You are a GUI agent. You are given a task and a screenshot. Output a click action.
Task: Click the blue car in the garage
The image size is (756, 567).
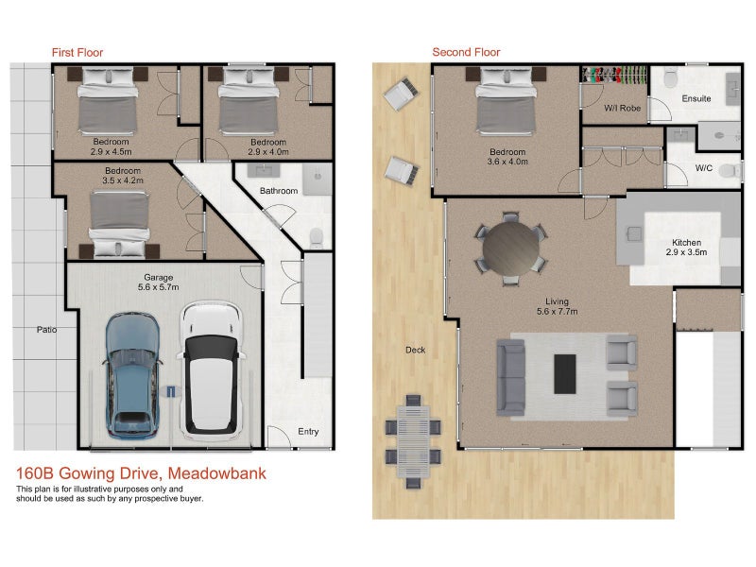[x=131, y=374]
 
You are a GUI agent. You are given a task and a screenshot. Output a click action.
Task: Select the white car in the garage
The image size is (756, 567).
[x=212, y=369]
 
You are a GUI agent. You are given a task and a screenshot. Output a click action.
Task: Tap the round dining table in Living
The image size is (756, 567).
[x=511, y=249]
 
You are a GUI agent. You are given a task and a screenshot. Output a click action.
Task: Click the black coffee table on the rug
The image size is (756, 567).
[x=564, y=374]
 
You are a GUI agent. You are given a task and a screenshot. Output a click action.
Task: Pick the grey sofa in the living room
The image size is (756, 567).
[x=511, y=377]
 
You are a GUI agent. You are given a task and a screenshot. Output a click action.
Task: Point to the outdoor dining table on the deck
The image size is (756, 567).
[x=413, y=441]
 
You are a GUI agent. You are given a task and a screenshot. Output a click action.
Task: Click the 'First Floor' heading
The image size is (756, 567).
[x=77, y=53]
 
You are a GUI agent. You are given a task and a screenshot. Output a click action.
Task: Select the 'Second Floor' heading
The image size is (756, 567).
[x=466, y=52]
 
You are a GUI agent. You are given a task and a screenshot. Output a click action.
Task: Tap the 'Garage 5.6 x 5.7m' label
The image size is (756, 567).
[x=158, y=282]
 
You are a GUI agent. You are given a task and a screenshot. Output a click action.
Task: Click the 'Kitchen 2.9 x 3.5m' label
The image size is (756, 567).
[x=687, y=248]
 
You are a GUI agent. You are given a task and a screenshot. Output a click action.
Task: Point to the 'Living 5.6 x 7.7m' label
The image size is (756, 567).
[x=557, y=306]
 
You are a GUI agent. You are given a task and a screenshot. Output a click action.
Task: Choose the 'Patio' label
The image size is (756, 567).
[x=46, y=330]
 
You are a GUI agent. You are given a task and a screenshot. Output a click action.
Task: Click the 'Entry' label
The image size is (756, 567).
[x=308, y=432]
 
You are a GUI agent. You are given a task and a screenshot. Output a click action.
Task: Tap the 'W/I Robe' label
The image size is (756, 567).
[x=623, y=108]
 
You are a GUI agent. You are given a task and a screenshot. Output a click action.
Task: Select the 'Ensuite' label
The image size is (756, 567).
[x=696, y=98]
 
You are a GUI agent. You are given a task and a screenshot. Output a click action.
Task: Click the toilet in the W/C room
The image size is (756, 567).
[x=730, y=170]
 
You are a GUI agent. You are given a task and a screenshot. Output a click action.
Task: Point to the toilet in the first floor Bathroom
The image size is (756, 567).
[x=317, y=238]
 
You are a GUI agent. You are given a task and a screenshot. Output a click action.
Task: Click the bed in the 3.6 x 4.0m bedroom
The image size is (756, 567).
[x=506, y=100]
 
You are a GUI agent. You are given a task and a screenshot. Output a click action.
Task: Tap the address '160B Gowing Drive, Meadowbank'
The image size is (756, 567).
[x=141, y=473]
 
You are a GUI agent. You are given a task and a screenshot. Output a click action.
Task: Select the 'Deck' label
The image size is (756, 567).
[x=415, y=350]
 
